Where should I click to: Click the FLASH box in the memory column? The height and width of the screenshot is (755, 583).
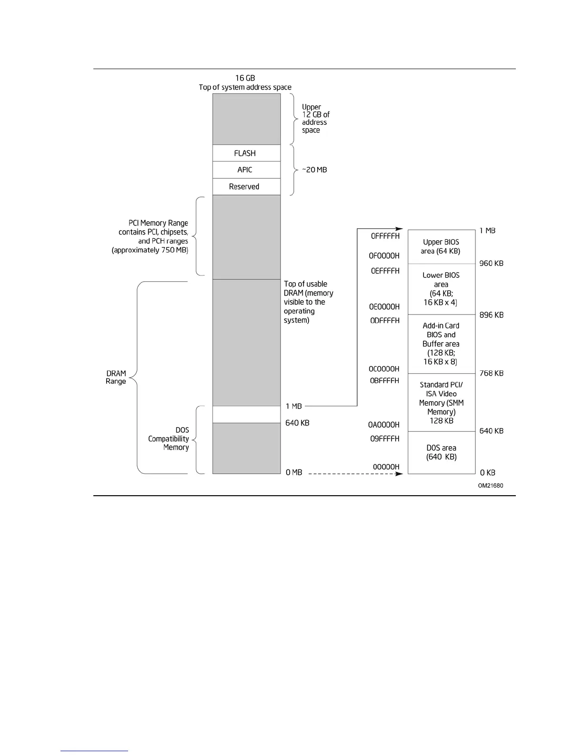[246, 153]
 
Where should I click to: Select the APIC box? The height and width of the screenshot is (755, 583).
[246, 170]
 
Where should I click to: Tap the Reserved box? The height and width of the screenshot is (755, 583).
[246, 186]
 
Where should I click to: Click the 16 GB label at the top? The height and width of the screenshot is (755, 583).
[245, 78]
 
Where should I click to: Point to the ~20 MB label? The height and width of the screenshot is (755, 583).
[314, 170]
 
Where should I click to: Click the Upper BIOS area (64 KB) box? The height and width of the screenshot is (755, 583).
[442, 246]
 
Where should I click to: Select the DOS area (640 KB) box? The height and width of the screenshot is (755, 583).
[442, 452]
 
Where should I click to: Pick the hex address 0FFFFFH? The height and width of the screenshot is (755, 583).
[385, 236]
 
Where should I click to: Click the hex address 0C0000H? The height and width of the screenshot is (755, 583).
[384, 369]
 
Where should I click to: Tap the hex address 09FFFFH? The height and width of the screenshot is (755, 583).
[384, 439]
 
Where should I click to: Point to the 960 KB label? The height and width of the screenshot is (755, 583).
[491, 264]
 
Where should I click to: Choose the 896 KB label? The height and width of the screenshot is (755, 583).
[491, 315]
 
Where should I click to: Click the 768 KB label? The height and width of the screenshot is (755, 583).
[491, 373]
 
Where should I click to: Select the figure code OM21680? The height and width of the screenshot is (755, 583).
[491, 486]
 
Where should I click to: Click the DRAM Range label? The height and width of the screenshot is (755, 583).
[116, 377]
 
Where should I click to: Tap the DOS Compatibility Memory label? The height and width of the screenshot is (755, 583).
[169, 439]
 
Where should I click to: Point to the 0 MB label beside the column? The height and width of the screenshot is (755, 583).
[294, 472]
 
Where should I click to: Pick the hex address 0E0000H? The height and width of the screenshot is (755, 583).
[384, 307]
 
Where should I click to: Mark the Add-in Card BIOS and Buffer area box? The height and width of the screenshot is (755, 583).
[442, 344]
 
